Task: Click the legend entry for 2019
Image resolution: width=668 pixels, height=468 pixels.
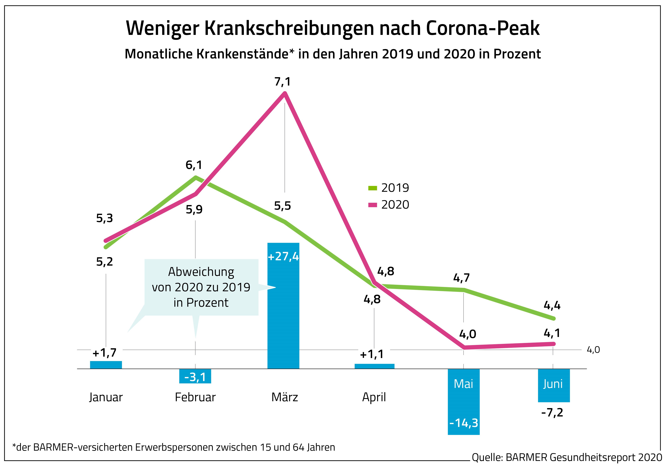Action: tap(389, 188)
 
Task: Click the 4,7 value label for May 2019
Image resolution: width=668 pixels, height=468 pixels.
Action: tap(461, 278)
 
